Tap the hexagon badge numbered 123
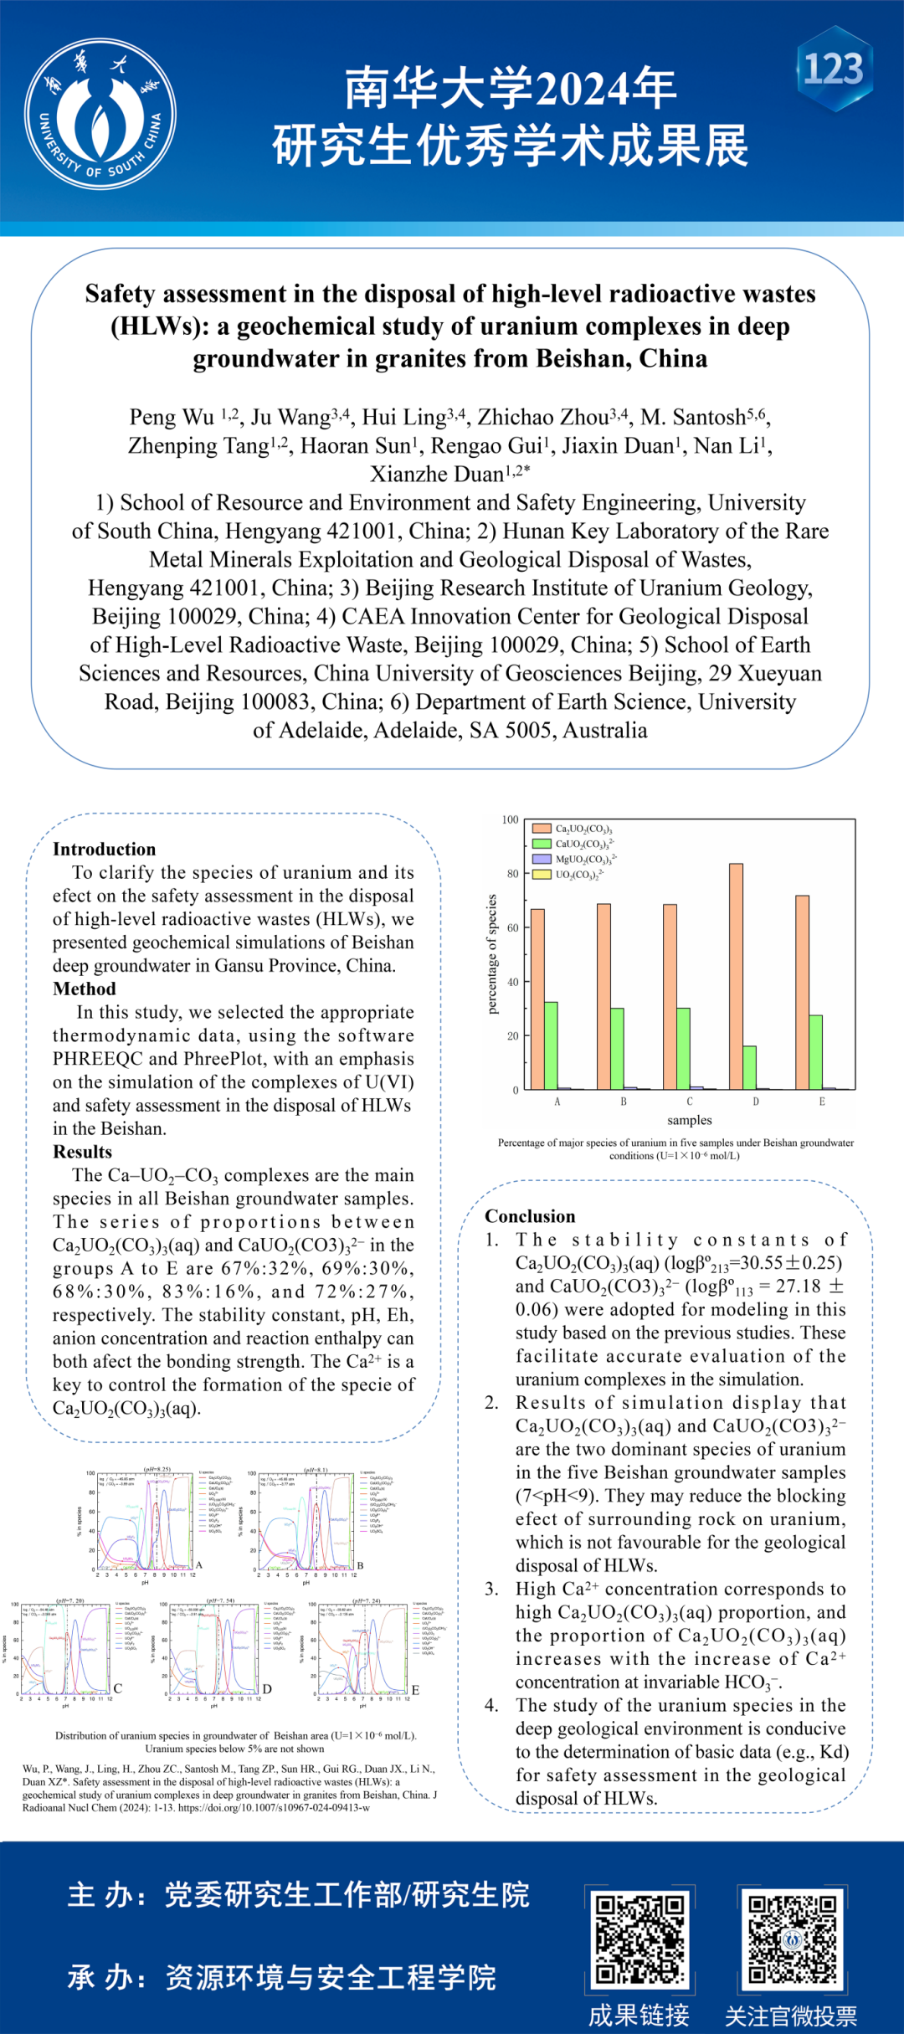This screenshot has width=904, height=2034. [x=835, y=69]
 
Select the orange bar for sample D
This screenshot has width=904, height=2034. [x=736, y=976]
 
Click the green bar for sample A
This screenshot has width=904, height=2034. [x=551, y=1045]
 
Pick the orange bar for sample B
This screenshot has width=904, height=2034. [x=604, y=996]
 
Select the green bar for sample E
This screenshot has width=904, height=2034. [x=815, y=1052]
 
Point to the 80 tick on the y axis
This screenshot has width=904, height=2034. [x=512, y=874]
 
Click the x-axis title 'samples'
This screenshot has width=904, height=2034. [x=689, y=1120]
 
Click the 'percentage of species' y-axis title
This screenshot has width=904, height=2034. [x=492, y=954]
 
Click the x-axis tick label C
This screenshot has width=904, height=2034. [x=690, y=1102]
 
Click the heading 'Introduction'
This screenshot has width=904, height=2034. [x=104, y=849]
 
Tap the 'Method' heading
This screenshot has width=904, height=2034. [x=84, y=989]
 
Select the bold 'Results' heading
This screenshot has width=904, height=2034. [x=82, y=1152]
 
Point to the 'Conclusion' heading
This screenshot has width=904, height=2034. [x=530, y=1216]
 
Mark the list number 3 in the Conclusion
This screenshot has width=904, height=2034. [x=491, y=1589]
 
